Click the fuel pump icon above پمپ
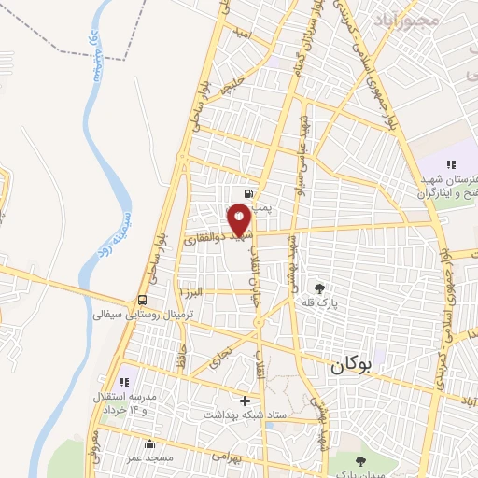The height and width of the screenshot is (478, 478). coord(246,194)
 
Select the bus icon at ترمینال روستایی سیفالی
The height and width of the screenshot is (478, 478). coord(142,300)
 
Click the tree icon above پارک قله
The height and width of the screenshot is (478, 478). coord(320,288)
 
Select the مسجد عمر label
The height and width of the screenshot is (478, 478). coord(148,457)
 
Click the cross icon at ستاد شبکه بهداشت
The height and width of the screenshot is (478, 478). coord(245,401)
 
